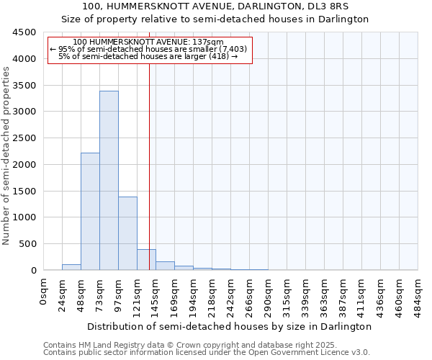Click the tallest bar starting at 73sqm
(109, 180)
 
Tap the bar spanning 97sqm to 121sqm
(127, 233)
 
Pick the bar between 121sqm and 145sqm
(146, 260)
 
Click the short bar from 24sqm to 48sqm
(71, 267)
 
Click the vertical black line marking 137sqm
(149, 158)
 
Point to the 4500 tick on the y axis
(24, 32)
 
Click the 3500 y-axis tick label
(24, 86)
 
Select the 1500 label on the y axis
(24, 191)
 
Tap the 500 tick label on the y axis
(27, 244)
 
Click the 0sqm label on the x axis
(44, 292)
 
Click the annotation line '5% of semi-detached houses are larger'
(148, 56)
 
